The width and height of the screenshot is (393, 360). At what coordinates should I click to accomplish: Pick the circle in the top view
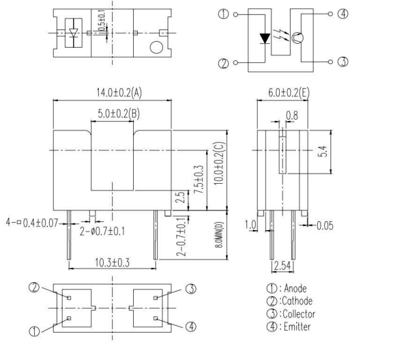click(x=156, y=48)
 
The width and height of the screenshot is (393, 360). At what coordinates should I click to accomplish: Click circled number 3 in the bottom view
click(x=190, y=288)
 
